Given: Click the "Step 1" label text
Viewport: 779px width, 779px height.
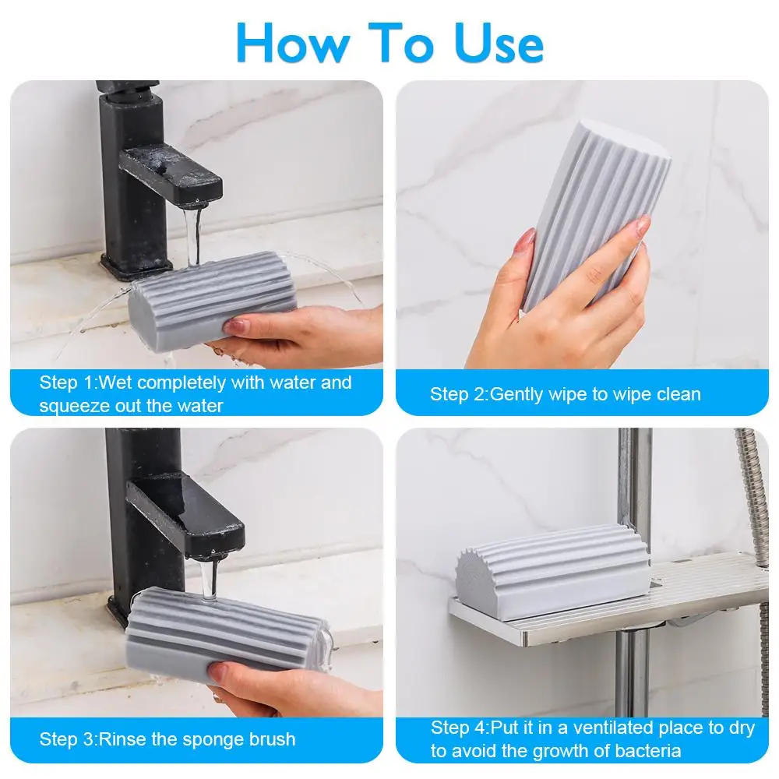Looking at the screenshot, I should [69, 382].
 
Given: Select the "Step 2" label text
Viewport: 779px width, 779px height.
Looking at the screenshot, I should [459, 394].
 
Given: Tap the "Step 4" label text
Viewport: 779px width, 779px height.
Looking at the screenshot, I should [460, 728].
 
